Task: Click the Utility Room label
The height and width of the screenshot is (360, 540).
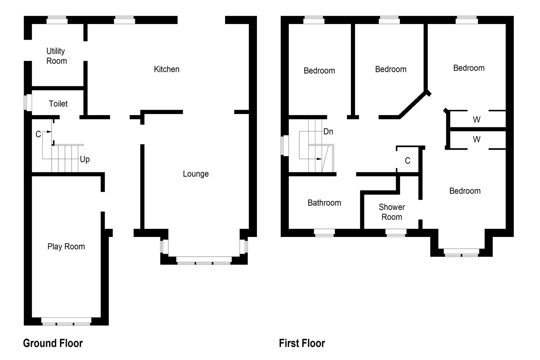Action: tap(56, 56)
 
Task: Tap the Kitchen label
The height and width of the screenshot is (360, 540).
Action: tap(167, 69)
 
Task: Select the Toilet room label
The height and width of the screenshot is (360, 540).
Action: tap(58, 104)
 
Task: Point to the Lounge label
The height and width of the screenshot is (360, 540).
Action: tap(196, 174)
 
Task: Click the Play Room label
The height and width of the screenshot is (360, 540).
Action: tap(66, 247)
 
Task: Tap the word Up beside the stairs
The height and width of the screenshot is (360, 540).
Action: tap(85, 159)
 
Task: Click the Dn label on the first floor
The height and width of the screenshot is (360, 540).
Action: tap(328, 132)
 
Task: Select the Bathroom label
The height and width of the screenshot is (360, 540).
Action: tap(324, 203)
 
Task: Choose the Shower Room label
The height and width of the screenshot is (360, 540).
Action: tap(392, 212)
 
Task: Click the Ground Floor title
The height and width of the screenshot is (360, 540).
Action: tap(53, 343)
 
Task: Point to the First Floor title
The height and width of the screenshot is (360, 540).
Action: tap(302, 343)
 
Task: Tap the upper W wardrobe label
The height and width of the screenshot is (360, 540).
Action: tap(477, 119)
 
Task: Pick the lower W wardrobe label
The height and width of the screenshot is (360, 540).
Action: tap(477, 139)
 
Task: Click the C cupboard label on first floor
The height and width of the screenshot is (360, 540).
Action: tap(407, 161)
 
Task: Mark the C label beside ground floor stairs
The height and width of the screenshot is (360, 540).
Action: tap(38, 134)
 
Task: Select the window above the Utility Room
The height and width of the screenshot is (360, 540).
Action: tap(57, 20)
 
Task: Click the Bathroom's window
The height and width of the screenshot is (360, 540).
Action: tap(324, 233)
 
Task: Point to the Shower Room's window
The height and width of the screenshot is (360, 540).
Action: tap(396, 233)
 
